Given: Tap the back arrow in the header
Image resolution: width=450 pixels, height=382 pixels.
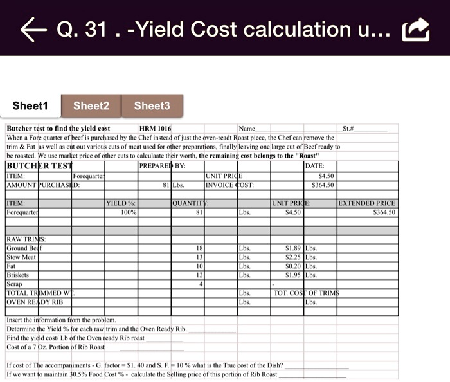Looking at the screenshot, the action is tap(32, 29).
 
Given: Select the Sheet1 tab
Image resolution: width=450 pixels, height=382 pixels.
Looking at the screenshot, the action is tap(30, 105).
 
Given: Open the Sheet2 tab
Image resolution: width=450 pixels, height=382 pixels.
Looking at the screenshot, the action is tap(91, 105).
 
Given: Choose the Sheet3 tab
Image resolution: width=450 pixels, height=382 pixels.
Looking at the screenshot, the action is tap(152, 105).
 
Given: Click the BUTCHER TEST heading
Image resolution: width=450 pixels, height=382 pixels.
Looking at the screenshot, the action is tap(39, 165).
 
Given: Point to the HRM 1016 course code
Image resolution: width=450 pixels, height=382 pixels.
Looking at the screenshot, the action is tap(155, 129).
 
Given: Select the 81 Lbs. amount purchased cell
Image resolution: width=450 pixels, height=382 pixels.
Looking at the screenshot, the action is tap(171, 185).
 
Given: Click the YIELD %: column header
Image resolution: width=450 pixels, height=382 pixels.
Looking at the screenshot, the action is tap(121, 203).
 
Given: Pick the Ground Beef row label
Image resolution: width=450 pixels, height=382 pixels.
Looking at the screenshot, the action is tap(24, 248).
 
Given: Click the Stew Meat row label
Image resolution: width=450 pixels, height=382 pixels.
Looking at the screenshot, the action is tap(21, 257).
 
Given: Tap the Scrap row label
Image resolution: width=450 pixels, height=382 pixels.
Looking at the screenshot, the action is tap(14, 284).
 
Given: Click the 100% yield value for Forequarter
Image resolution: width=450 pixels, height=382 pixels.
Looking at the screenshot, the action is tap(129, 212).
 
